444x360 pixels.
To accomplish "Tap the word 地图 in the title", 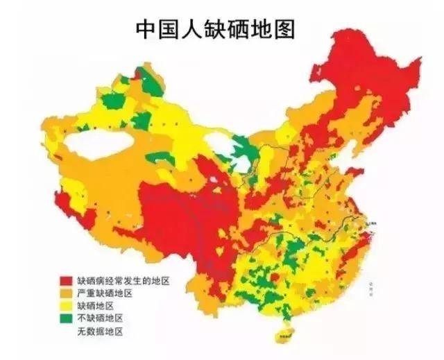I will (271, 30).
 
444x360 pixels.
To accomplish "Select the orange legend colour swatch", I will (66, 293).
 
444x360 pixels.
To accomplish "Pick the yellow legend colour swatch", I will (66, 306).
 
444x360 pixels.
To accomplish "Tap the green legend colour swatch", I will (66, 318).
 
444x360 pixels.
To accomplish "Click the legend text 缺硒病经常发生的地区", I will (123, 280).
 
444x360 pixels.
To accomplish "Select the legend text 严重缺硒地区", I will (104, 293).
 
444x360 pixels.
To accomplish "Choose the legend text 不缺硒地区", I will (100, 318).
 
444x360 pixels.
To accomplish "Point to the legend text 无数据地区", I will (100, 332).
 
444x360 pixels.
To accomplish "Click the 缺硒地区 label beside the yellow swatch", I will (95, 306).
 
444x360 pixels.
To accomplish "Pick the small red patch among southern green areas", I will (275, 277).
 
